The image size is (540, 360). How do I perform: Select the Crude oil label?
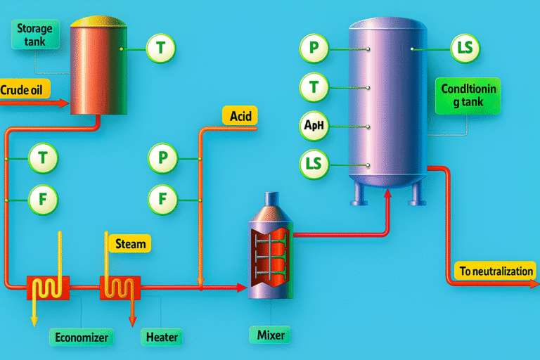[25, 89]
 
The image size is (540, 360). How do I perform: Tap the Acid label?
[240, 115]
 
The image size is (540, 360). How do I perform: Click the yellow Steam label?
[130, 244]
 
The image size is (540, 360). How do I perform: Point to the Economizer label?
[82, 337]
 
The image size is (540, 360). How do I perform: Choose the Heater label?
[161, 337]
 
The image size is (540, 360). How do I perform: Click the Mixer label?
[270, 335]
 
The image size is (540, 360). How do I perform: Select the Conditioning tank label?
[468, 96]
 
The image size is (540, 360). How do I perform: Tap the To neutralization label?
[496, 271]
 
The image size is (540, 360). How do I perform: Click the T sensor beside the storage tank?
[160, 49]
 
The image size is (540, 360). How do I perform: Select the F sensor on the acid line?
[164, 200]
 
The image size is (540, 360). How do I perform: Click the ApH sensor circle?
[314, 127]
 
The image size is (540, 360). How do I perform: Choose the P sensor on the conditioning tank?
[314, 49]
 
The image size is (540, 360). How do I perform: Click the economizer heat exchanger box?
[48, 287]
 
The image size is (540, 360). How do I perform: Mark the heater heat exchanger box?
[120, 287]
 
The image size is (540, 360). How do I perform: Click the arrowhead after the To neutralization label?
[533, 285]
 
